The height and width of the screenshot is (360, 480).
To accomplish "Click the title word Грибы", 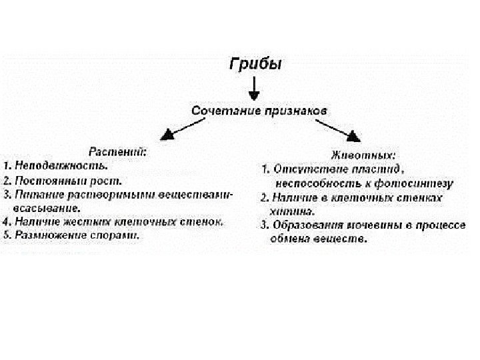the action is click(x=256, y=65).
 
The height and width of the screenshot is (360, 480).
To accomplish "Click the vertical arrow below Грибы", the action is click(x=255, y=87).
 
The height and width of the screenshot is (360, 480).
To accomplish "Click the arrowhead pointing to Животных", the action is click(x=351, y=135).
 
